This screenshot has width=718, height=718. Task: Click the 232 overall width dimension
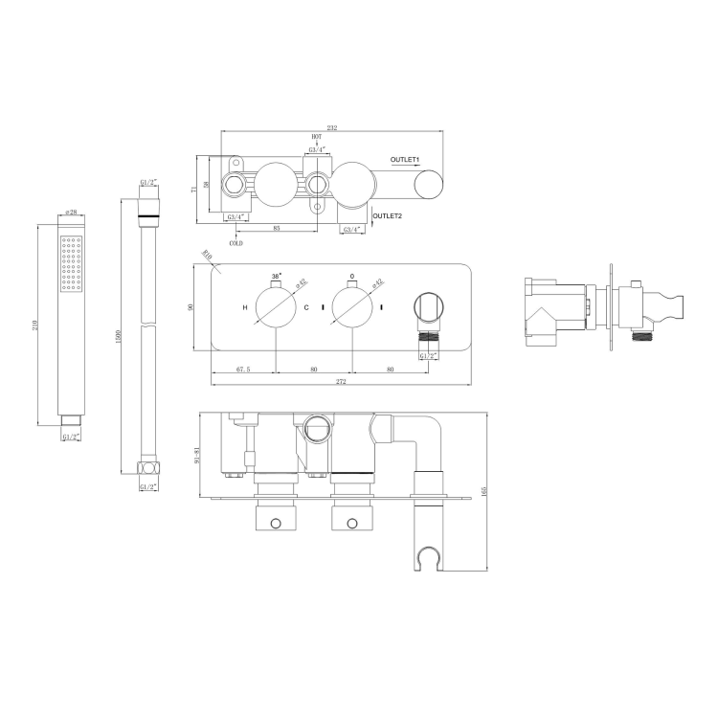(331, 127)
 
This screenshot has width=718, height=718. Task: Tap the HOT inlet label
(316, 138)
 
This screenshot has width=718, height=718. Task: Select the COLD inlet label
(236, 243)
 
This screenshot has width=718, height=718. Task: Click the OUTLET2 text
(387, 216)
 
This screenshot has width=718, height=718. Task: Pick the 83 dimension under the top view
(276, 227)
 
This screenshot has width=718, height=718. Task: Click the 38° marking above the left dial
(277, 276)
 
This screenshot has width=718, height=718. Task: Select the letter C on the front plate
(306, 307)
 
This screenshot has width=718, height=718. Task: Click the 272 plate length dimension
(341, 382)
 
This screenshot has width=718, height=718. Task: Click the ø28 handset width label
(71, 213)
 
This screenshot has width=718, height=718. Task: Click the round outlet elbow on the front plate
(426, 309)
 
